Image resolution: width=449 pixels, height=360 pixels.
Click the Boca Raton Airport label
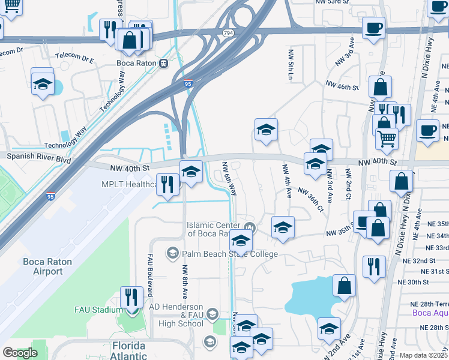(43, 266)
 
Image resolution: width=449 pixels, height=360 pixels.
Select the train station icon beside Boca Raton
(163, 62)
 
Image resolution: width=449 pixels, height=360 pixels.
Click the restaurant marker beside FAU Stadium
(131, 296)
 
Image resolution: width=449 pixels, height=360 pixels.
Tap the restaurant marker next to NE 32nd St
(374, 266)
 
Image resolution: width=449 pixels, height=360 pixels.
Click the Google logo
(20, 353)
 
